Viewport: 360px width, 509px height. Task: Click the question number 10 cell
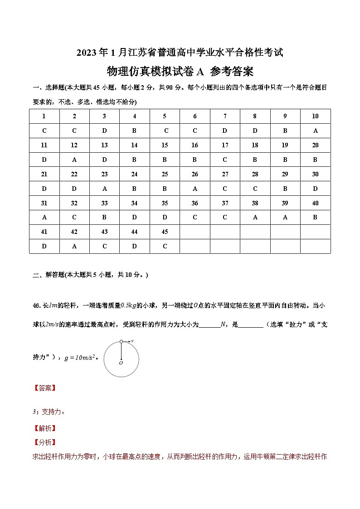(315, 116)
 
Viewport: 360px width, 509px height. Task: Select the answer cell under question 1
(44, 131)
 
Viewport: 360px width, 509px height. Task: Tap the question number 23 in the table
(104, 174)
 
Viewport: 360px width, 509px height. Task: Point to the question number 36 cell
(195, 203)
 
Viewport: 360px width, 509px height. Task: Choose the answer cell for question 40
(315, 217)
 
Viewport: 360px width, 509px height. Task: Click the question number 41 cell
(44, 232)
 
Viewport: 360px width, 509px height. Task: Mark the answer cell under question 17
(225, 160)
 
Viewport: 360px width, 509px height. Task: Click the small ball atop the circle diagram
(121, 341)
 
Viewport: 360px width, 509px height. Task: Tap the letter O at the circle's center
(121, 363)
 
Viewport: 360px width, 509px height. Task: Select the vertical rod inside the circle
(121, 350)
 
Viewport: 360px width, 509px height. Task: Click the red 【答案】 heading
(44, 388)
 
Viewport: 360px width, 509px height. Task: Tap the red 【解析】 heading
(44, 428)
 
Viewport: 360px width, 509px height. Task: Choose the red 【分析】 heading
(44, 442)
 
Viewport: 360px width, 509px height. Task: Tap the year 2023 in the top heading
(86, 53)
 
